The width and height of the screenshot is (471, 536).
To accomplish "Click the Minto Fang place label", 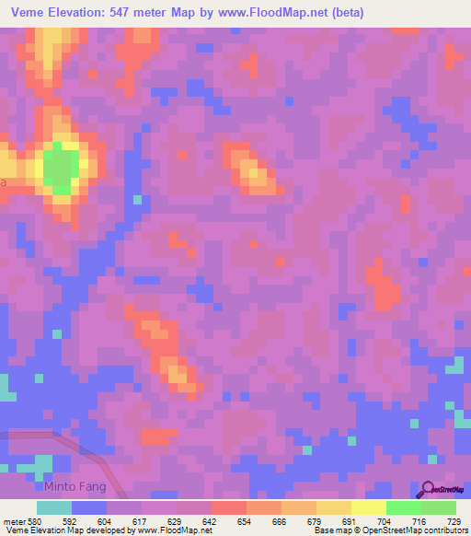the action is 75,486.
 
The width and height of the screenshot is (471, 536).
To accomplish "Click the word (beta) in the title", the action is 348,13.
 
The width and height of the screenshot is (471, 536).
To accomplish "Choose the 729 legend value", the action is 453,520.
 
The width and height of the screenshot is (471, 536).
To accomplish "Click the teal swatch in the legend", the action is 53,507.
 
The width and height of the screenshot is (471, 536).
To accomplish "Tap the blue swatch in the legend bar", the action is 88,507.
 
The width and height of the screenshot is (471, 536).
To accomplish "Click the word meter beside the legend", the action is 13,520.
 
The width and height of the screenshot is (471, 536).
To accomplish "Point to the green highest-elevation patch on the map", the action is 61,168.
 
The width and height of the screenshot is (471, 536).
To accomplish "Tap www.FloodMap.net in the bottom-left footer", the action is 167,530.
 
